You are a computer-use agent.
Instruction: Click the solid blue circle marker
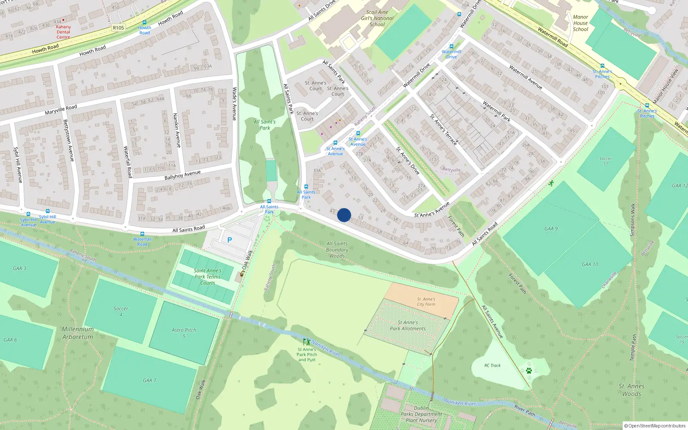pyautogui.click(x=344, y=215)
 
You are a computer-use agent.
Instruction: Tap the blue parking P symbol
pyautogui.click(x=230, y=240)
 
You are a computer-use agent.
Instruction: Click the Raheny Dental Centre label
pyautogui.click(x=63, y=32)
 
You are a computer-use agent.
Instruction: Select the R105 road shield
pyautogui.click(x=118, y=28)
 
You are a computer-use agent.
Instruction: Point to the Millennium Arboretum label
pyautogui.click(x=77, y=333)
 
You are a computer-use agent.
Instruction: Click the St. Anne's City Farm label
pyautogui.click(x=426, y=301)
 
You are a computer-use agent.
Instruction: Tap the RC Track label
pyautogui.click(x=492, y=365)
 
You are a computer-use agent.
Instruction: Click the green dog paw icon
pyautogui.click(x=529, y=370)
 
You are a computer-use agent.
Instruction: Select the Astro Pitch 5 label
pyautogui.click(x=184, y=333)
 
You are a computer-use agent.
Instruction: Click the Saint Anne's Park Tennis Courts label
pyautogui.click(x=207, y=276)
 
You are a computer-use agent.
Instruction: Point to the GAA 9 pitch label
pyautogui.click(x=551, y=229)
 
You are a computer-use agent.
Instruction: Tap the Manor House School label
pyautogui.click(x=580, y=23)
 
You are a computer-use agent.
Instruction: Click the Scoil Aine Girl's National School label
pyautogui.click(x=377, y=18)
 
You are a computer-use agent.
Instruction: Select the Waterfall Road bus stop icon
pyautogui.click(x=142, y=234)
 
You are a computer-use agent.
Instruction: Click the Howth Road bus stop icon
pyautogui.click(x=144, y=23)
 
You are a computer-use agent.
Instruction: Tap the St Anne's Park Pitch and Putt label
pyautogui.click(x=307, y=354)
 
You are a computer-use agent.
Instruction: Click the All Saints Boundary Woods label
pyautogui.click(x=337, y=249)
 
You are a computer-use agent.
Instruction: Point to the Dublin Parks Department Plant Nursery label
pyautogui.click(x=421, y=414)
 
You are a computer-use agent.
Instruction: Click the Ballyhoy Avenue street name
pyautogui.click(x=182, y=175)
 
